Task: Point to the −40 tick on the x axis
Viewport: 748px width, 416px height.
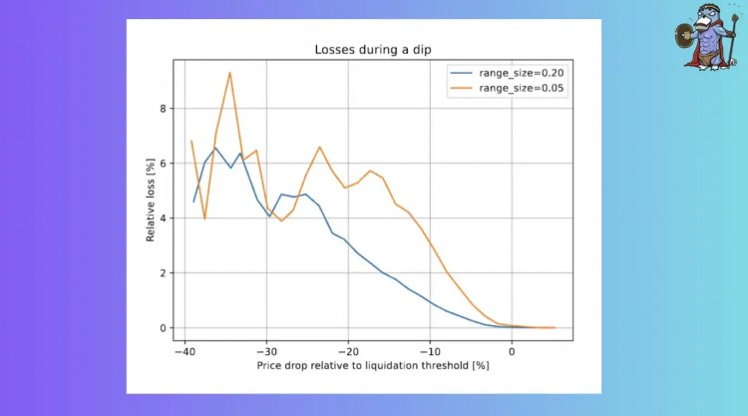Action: coord(184,351)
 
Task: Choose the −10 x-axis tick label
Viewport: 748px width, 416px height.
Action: coord(430,351)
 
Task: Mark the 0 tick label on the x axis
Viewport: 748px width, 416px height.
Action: coord(512,351)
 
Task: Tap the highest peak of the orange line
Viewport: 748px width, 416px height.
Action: coord(229,72)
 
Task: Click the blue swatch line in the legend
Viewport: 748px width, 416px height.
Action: coord(462,72)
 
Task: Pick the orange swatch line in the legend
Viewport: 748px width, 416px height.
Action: coord(462,88)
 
